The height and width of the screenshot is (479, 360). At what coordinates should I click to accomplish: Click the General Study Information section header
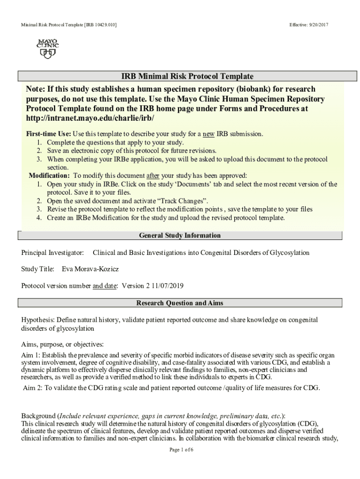180,235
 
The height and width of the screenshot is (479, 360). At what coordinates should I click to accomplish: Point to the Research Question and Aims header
180,303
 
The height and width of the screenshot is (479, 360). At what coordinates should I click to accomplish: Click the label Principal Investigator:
52,253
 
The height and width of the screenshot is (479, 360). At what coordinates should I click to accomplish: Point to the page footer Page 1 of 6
181,450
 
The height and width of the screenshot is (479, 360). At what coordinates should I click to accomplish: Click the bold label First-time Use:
49,134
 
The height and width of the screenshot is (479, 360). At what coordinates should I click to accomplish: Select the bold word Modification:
50,175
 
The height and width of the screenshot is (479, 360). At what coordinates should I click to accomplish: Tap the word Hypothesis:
38,320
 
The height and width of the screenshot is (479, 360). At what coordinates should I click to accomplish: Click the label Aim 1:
31,355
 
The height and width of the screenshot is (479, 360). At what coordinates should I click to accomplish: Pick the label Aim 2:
32,388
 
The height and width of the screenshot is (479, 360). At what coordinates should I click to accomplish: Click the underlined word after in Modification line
153,175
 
